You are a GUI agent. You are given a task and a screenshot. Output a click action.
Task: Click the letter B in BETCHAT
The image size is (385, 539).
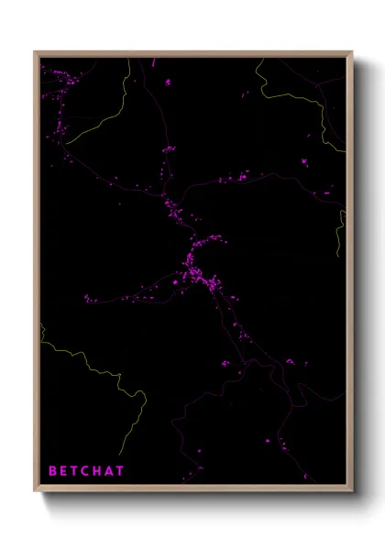click(52, 471)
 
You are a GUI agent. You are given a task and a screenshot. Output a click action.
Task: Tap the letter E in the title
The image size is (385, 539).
click(64, 471)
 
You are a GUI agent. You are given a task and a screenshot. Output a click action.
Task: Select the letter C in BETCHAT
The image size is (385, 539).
click(87, 471)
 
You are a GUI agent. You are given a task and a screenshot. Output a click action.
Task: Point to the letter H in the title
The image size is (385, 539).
click(99, 471)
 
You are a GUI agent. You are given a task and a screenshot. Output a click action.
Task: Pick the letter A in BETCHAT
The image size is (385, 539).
click(111, 471)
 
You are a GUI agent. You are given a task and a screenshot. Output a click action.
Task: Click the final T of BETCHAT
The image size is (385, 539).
click(122, 471)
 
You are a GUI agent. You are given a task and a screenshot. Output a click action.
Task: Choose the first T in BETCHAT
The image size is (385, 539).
click(75, 471)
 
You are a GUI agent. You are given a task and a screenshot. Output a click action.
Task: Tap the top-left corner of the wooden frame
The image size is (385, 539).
click(35, 52)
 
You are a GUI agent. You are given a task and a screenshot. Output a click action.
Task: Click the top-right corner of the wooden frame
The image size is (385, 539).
click(351, 52)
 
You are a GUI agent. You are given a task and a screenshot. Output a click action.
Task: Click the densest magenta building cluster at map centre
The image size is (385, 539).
click(196, 266)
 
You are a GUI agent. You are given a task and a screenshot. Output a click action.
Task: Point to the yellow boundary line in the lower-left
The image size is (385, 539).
click(92, 367)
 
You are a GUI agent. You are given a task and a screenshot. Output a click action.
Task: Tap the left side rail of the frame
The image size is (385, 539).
click(36, 275)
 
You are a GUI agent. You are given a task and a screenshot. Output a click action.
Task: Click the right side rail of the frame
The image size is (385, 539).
click(349, 275)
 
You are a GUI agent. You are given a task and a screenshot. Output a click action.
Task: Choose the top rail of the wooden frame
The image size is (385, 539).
click(192, 53)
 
